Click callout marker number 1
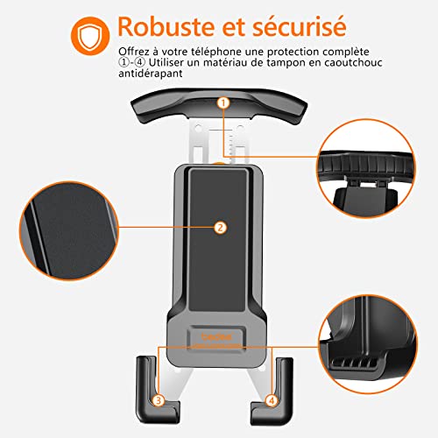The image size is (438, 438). point(223,103)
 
